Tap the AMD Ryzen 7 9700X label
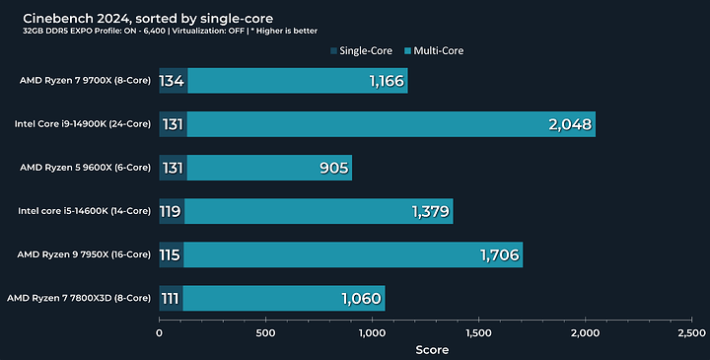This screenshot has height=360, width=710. click(x=85, y=81)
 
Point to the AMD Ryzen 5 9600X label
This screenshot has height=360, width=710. click(x=85, y=168)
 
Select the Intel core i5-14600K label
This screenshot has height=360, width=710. click(x=84, y=211)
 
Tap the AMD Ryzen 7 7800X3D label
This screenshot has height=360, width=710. click(x=81, y=298)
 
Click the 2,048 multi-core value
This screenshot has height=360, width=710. click(x=567, y=124)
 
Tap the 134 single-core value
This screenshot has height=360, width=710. click(x=172, y=81)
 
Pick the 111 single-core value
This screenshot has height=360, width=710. click(x=171, y=298)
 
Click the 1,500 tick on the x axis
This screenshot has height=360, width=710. click(x=478, y=333)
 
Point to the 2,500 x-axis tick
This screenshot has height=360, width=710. click(x=690, y=333)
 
